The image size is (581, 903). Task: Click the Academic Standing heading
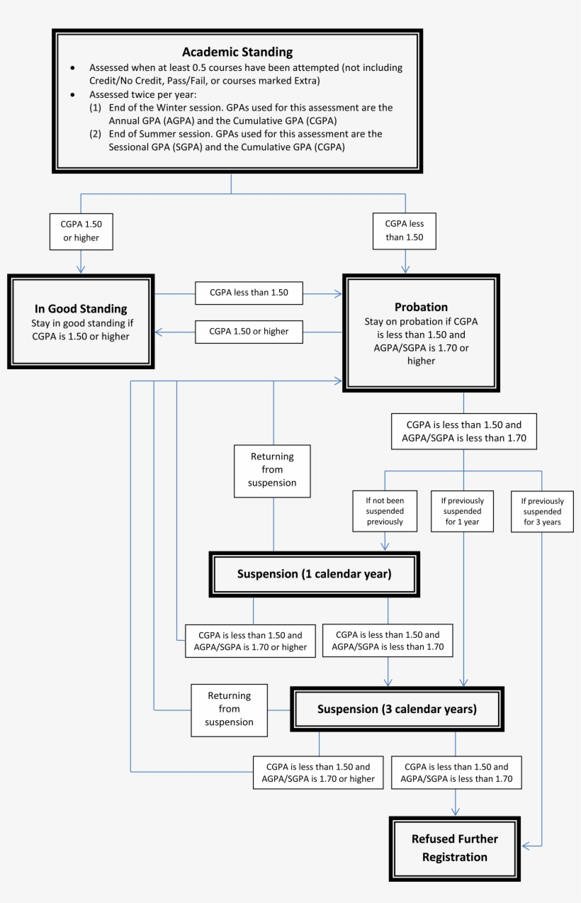(x=237, y=52)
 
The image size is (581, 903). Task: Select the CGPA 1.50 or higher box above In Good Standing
(x=81, y=231)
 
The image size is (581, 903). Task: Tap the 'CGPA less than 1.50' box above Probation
(x=404, y=231)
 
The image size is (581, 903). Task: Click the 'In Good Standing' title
(x=81, y=308)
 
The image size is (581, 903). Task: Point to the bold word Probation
(x=421, y=307)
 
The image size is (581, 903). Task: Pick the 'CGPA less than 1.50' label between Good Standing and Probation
(x=249, y=292)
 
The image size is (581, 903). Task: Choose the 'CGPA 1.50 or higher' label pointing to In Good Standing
(x=249, y=331)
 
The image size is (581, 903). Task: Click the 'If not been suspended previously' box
(x=385, y=511)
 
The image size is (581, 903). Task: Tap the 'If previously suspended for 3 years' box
(x=542, y=511)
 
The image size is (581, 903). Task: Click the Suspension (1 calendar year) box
(x=314, y=573)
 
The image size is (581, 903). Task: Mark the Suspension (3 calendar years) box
(x=397, y=709)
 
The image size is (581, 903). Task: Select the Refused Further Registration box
(x=455, y=848)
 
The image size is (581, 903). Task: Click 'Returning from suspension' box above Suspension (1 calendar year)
(x=272, y=470)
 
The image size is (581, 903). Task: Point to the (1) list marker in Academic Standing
(x=95, y=108)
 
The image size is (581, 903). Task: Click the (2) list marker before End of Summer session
(x=95, y=134)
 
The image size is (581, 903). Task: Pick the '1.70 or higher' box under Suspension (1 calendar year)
(x=250, y=641)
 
